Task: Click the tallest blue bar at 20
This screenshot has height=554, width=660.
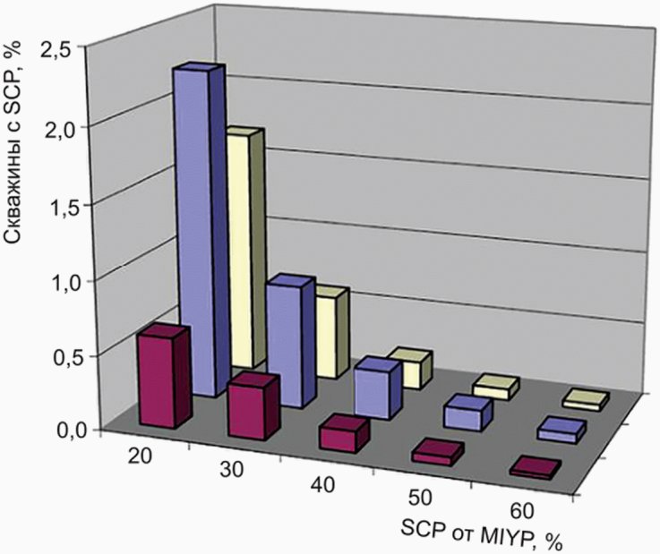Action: (198, 232)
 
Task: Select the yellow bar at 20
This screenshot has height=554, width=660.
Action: (246, 248)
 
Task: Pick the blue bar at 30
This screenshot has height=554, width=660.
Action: (290, 342)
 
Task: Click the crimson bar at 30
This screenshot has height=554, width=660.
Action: (253, 406)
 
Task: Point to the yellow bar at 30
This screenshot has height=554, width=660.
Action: (332, 332)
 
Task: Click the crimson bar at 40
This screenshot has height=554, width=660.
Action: (344, 433)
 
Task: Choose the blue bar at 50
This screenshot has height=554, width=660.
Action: (467, 413)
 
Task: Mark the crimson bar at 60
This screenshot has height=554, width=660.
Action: (535, 467)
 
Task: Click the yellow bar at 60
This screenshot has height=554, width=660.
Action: (586, 400)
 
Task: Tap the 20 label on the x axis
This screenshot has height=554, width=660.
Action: (140, 456)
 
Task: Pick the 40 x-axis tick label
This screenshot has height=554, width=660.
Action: (322, 484)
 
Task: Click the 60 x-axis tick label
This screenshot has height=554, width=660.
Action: (522, 511)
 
